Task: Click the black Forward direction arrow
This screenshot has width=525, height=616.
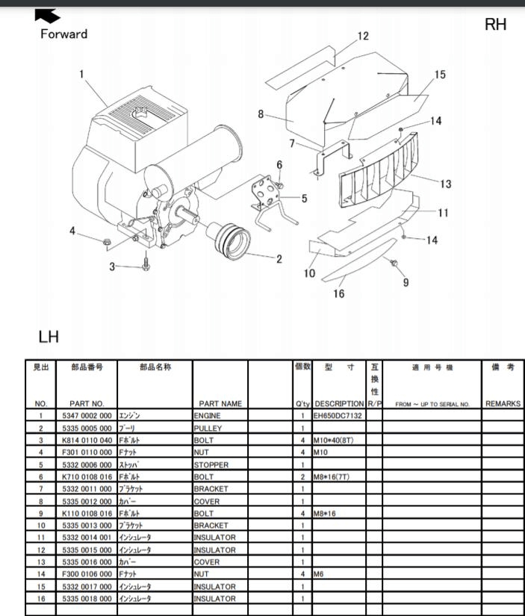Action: pos(46,16)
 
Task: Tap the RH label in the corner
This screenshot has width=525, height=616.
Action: pos(495,25)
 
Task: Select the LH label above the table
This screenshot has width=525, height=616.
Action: pos(49,337)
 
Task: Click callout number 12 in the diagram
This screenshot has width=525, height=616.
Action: pos(363,36)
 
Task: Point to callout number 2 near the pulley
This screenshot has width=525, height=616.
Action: pos(279,259)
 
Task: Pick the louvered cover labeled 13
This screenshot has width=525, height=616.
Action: pos(378,170)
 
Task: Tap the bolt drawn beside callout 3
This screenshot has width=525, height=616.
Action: pos(146,264)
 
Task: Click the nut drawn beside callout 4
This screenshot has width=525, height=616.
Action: pos(107,242)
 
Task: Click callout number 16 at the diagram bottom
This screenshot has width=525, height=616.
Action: pos(339,293)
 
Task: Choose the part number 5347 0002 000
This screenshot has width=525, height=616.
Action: pos(87,416)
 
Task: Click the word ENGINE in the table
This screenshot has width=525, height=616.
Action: pos(207,416)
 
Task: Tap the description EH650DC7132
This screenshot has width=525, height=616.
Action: pos(338,416)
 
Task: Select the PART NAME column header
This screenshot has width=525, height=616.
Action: pos(220,403)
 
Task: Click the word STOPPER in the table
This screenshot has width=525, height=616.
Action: pos(211,464)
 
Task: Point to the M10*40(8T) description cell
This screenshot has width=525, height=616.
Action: pos(333,440)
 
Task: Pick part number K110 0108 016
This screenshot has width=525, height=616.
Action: pos(87,513)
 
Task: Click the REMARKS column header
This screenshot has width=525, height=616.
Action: pos(503,403)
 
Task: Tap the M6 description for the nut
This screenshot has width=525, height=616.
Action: pos(318,574)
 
